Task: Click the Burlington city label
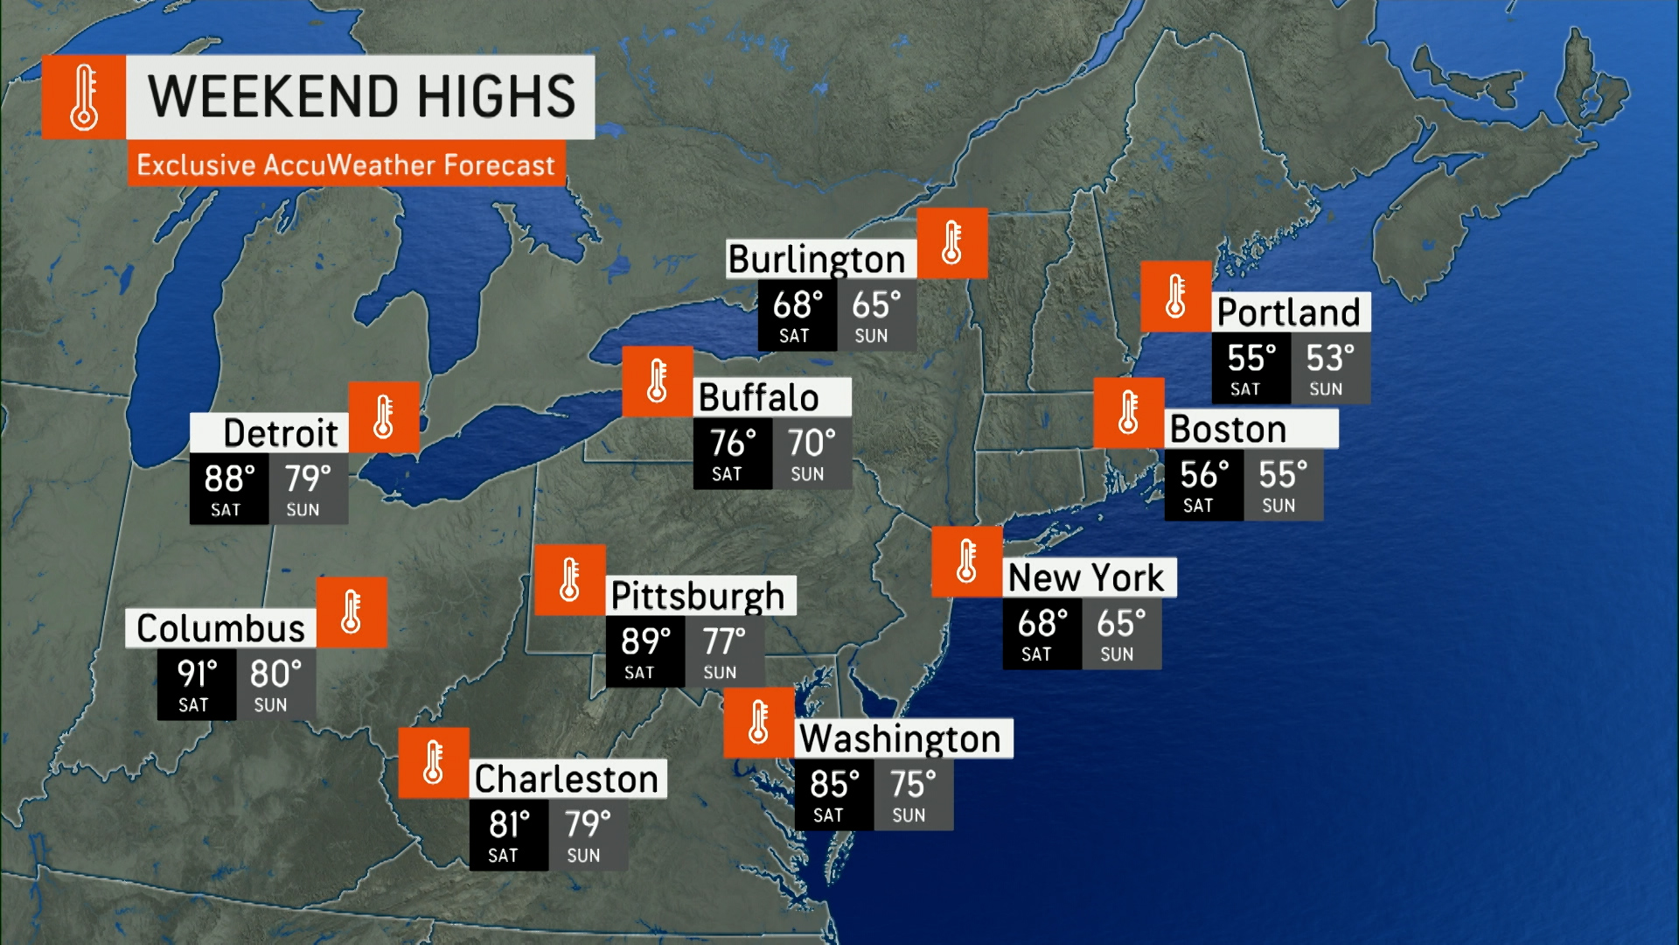point(817,259)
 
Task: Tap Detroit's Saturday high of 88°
point(229,479)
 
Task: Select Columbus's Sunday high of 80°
point(275,675)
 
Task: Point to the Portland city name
point(1288,312)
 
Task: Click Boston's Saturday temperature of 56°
point(1204,475)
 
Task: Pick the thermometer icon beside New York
point(966,562)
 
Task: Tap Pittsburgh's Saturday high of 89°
point(645,641)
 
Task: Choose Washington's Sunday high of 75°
point(913,785)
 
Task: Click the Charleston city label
point(566,779)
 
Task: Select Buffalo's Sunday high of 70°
point(812,444)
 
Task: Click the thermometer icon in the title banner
point(84,97)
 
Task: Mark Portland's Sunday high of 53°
point(1330,359)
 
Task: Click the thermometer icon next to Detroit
point(383,417)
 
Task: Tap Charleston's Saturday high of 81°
point(509,824)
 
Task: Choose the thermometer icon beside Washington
point(758,723)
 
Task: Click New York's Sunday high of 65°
point(1121,624)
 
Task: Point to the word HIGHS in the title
point(496,96)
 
